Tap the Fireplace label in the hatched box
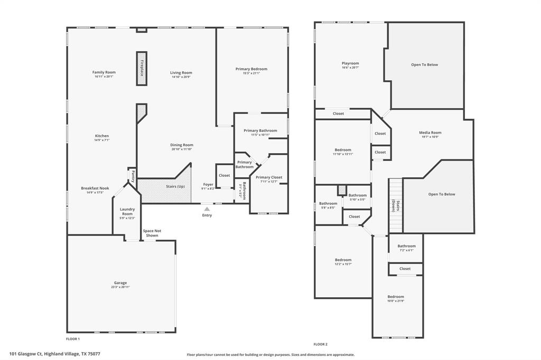point(142,68)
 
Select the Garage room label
point(120,283)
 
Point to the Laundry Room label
point(127,212)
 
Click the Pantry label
point(133,176)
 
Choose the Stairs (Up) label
point(175,186)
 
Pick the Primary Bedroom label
point(251,69)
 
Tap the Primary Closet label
point(269,177)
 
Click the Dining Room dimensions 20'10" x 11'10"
point(182,149)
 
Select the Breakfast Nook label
point(95,188)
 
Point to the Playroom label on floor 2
point(350,63)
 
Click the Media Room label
point(430,133)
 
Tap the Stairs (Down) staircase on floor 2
point(396,205)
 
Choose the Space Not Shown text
point(152,233)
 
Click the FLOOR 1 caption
point(73,339)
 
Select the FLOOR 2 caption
point(321,344)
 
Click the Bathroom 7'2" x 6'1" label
point(406,246)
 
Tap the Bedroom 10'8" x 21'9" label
point(395,297)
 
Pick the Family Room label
point(104,72)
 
